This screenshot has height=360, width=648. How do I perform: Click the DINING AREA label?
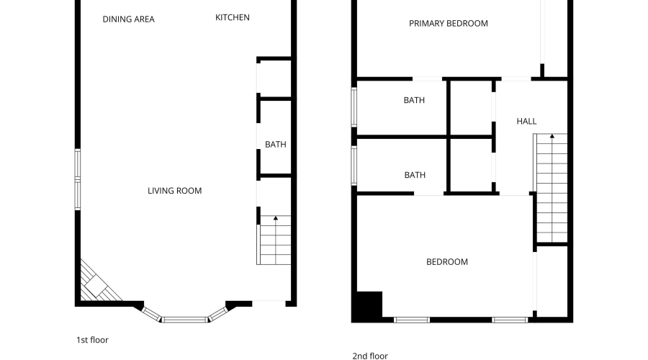[x=128, y=19]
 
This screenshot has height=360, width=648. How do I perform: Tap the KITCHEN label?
[x=233, y=17]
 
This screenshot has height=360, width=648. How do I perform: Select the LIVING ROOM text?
[x=174, y=191]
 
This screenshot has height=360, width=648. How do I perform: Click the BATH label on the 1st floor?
[x=275, y=145]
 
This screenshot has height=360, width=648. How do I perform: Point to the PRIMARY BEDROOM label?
[x=448, y=23]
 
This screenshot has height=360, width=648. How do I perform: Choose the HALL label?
[x=526, y=122]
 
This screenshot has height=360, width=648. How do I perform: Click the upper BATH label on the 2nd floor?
[x=414, y=101]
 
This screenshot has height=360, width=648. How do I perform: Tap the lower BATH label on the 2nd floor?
[x=415, y=175]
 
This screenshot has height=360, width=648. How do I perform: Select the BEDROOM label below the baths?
[x=447, y=262]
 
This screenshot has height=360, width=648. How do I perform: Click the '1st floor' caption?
[x=92, y=339]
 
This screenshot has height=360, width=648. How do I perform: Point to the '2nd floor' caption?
[x=369, y=356]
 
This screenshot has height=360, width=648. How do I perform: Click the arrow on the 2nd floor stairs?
[x=552, y=137]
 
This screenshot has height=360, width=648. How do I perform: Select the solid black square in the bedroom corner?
[x=366, y=306]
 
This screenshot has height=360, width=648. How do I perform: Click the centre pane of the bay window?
[x=184, y=319]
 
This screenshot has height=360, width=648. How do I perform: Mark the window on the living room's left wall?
[x=78, y=179]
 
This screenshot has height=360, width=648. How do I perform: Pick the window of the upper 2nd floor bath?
[x=354, y=107]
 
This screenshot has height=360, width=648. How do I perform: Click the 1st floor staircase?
[x=275, y=240]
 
